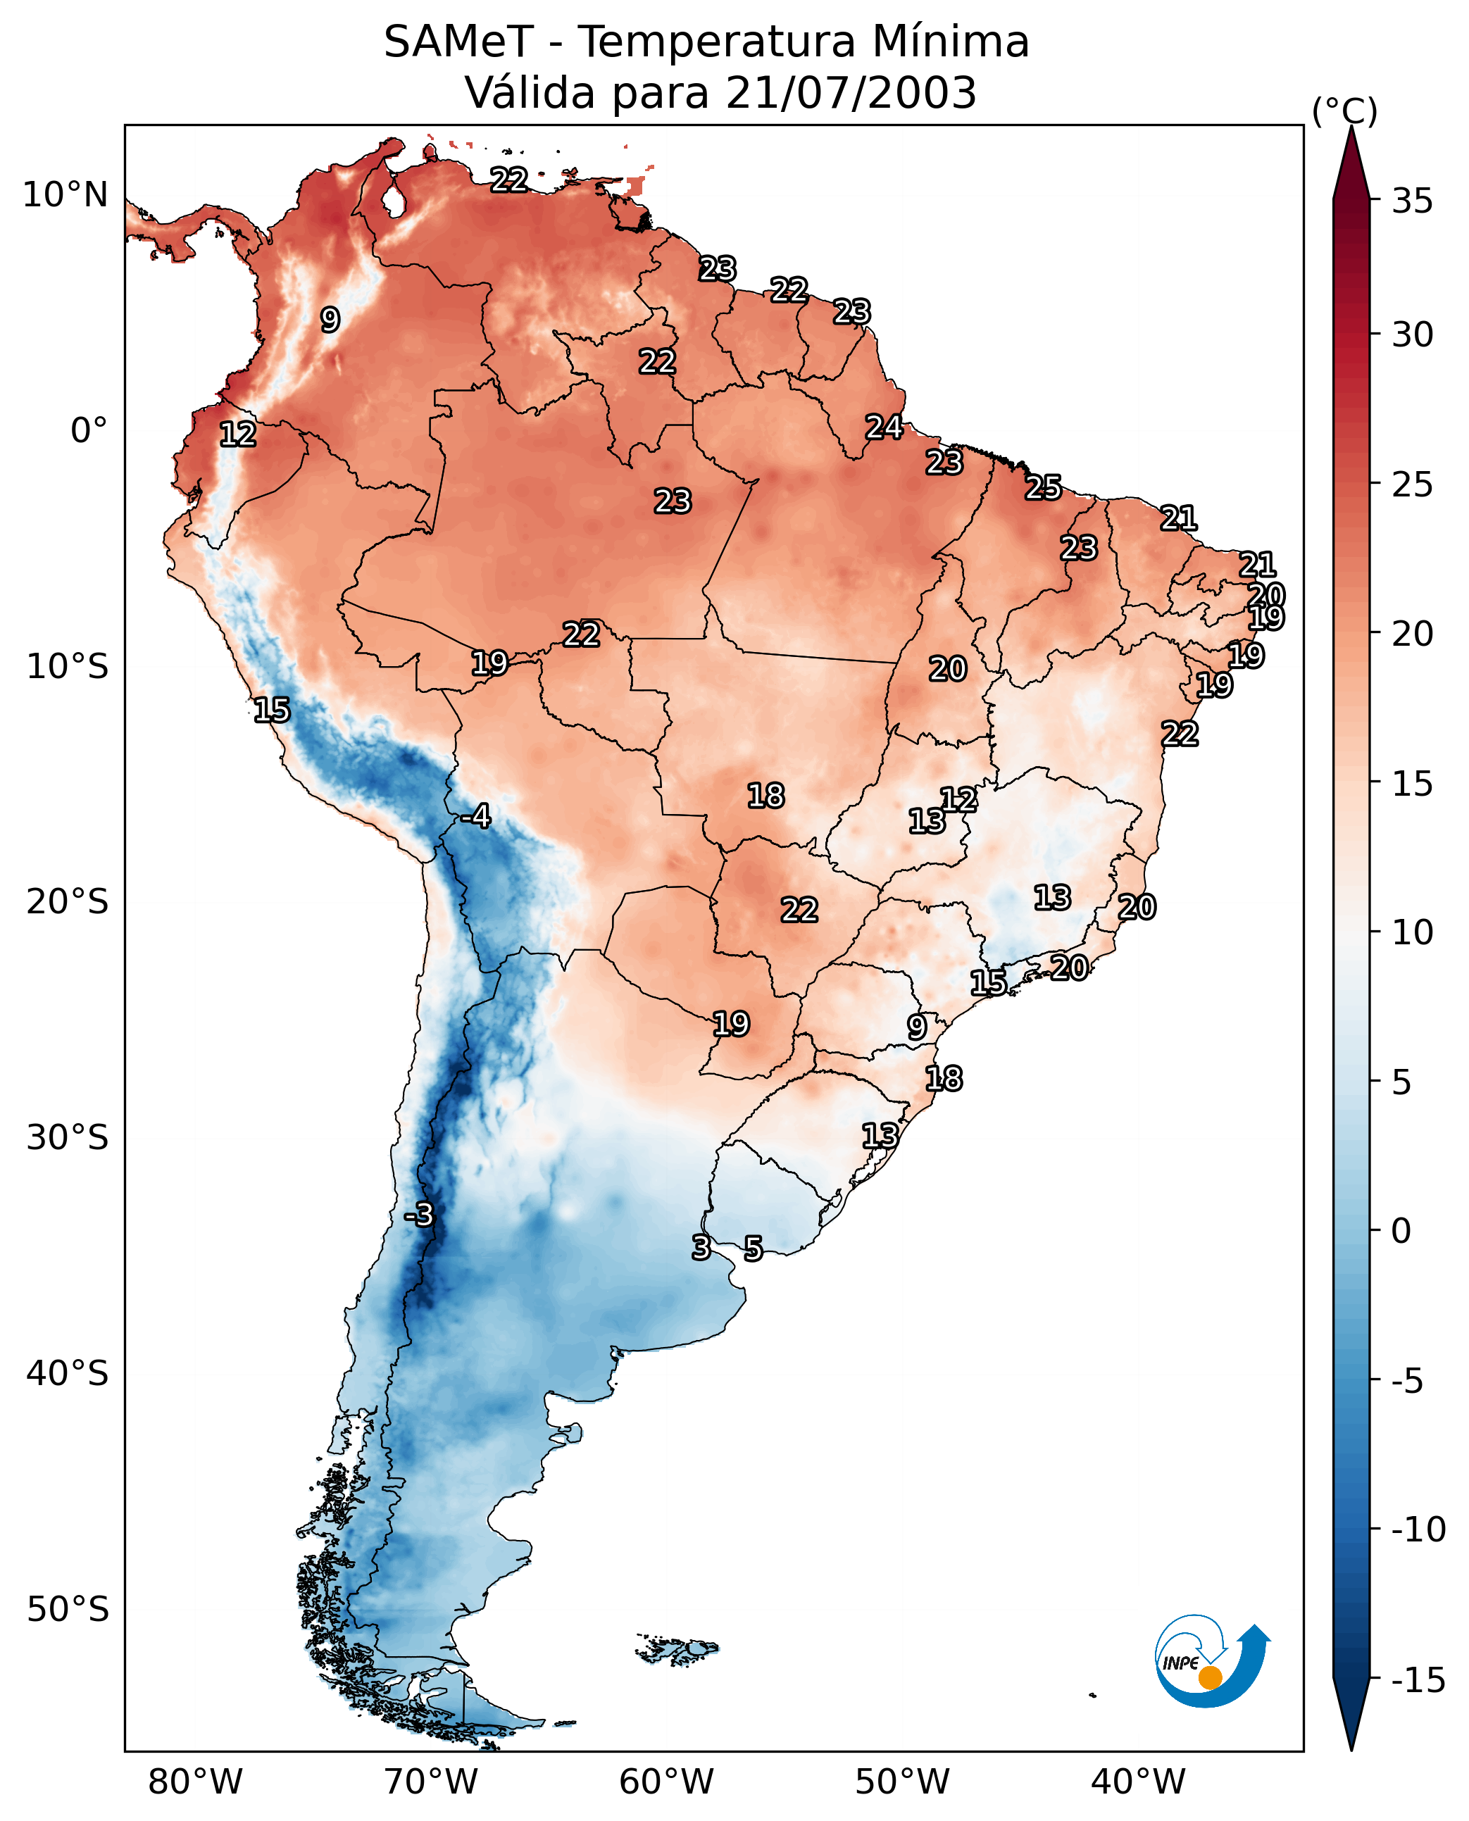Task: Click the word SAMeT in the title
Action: [x=458, y=42]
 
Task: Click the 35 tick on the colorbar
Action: [x=1412, y=201]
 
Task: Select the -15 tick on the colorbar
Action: [x=1418, y=1679]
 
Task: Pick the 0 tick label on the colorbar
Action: [x=1401, y=1231]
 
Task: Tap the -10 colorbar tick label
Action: [x=1418, y=1530]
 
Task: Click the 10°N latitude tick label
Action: [x=65, y=196]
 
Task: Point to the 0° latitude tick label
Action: [x=89, y=431]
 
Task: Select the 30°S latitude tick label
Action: [x=68, y=1138]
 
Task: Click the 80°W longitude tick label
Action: [x=196, y=1782]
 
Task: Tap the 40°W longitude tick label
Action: [x=1138, y=1782]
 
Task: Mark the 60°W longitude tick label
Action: [x=667, y=1782]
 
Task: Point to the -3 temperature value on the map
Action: [x=418, y=1214]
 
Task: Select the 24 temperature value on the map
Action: [x=883, y=427]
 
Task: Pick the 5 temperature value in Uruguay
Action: [x=753, y=1247]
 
